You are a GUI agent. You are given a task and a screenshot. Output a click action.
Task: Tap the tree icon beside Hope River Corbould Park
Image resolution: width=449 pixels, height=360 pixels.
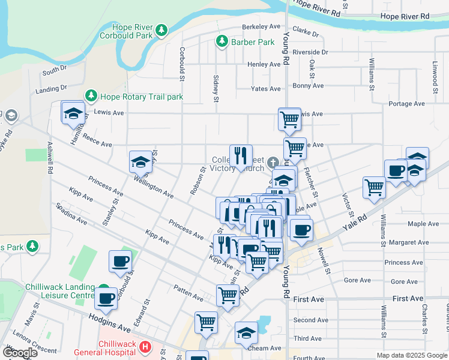[x=161, y=29]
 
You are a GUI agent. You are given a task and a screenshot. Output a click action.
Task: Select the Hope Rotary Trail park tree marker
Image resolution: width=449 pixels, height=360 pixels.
[x=91, y=96]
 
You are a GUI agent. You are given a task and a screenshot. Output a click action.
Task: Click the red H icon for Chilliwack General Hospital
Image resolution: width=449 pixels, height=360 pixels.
[x=145, y=346]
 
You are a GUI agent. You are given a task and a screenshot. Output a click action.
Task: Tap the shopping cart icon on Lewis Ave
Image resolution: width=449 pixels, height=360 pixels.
[x=290, y=119]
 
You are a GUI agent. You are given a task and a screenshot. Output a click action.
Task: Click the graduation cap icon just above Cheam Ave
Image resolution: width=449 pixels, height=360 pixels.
[x=246, y=332]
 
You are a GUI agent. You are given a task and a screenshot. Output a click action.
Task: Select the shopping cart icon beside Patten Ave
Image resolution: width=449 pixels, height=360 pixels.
[x=228, y=295]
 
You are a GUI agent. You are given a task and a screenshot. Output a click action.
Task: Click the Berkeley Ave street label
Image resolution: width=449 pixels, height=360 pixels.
[x=261, y=27]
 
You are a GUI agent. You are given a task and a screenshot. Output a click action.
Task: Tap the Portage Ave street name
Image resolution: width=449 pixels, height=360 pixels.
[x=409, y=104]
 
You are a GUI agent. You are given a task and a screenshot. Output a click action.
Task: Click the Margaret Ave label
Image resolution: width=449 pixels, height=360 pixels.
[x=409, y=243]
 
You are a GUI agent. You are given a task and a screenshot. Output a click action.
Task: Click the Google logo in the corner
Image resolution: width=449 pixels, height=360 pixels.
[x=19, y=352]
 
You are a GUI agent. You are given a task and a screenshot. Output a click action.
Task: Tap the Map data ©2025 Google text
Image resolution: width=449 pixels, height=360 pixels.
[x=412, y=355]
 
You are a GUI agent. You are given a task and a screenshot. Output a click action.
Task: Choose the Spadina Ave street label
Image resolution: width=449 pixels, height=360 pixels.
[x=71, y=215]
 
